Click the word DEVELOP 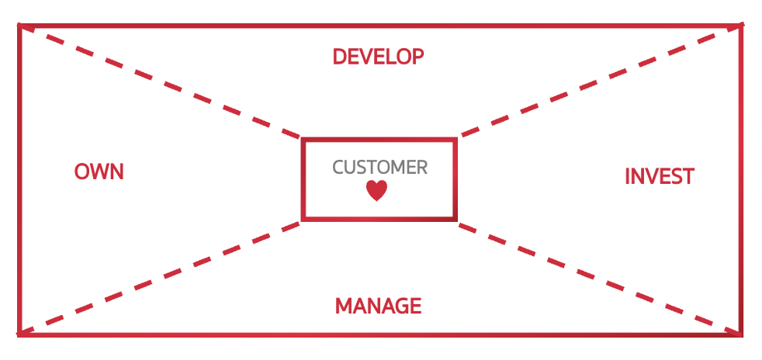(x=378, y=57)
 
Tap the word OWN (x=99, y=171)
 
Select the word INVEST (x=659, y=177)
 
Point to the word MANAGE (x=378, y=306)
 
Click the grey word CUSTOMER (x=379, y=167)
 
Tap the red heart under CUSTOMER (x=376, y=191)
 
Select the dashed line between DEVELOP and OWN (x=160, y=82)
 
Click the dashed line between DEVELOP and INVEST (x=597, y=82)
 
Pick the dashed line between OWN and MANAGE (x=160, y=278)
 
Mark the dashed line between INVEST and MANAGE (x=597, y=278)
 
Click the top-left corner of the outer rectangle (x=19, y=26)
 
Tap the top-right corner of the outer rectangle (x=742, y=26)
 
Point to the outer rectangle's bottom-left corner (x=19, y=334)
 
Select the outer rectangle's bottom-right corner (x=742, y=334)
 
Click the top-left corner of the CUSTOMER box (x=303, y=140)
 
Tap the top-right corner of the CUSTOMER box (x=455, y=140)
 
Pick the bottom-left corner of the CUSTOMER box (x=303, y=219)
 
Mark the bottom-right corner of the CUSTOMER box (x=455, y=219)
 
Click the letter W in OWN (x=99, y=171)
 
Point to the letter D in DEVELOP (x=338, y=57)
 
